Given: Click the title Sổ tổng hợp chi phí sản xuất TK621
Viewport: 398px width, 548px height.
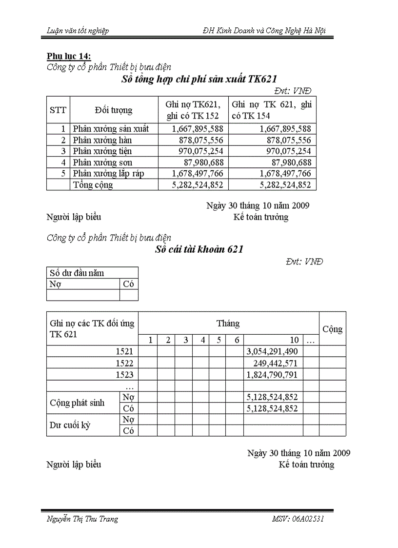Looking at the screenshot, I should (x=199, y=80).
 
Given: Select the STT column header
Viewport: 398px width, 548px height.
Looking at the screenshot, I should (x=58, y=110).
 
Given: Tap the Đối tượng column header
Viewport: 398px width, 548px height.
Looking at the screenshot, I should (x=114, y=110).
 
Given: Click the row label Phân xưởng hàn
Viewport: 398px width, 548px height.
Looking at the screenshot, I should (x=102, y=140).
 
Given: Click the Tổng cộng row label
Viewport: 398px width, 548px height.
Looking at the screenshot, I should (x=93, y=185).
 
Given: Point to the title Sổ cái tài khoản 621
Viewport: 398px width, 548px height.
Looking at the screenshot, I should (x=199, y=249).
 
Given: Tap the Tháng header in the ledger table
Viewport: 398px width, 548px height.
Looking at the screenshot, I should (x=228, y=323).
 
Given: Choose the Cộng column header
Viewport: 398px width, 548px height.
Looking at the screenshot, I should (x=332, y=329).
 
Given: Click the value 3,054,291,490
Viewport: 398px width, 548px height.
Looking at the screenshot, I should (x=273, y=351).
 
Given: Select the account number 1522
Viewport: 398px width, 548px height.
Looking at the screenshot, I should (x=124, y=363).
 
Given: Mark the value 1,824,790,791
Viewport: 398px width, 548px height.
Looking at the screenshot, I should (x=273, y=375).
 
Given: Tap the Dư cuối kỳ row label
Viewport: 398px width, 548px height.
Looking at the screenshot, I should (x=70, y=425).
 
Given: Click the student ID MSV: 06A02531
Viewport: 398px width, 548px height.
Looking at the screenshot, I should (x=298, y=519).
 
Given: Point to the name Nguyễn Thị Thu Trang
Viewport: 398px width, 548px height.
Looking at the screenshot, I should (x=82, y=519).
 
